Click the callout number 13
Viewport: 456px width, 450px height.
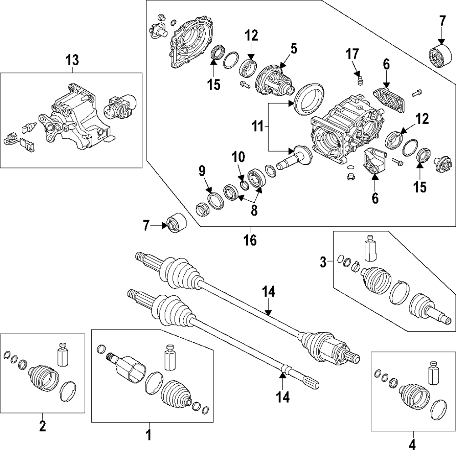coord(72,60)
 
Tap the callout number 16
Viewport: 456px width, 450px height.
coord(250,241)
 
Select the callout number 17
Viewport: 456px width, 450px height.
coord(352,54)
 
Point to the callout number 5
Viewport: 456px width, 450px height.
coord(294,49)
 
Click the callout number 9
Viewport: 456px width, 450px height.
coord(202,171)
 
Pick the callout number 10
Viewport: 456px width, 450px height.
coord(238,157)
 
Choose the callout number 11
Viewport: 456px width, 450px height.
coord(258,127)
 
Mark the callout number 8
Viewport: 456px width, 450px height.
coord(254,210)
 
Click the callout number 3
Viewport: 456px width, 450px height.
coord(323,262)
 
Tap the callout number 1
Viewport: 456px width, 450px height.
coord(149,435)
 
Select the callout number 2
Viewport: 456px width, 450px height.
coord(42,426)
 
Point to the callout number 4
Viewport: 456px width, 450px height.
coord(412,445)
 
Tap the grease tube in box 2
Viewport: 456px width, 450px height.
coord(63,355)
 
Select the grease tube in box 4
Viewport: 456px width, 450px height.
coord(433,373)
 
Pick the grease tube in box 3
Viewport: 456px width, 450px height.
coord(370,248)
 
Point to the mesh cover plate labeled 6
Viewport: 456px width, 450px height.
coord(389,100)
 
